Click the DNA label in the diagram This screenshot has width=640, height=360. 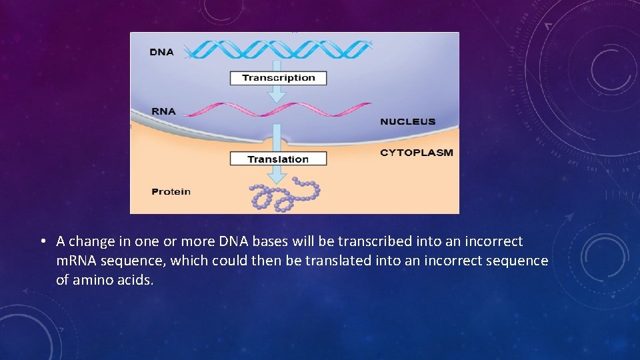pyautogui.click(x=162, y=51)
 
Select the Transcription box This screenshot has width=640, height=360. pyautogui.click(x=278, y=78)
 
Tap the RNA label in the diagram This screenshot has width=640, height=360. pyautogui.click(x=163, y=111)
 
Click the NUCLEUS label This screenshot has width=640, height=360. pyautogui.click(x=407, y=122)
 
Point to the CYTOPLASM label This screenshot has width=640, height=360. pyautogui.click(x=416, y=153)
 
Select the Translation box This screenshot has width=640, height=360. pyautogui.click(x=278, y=159)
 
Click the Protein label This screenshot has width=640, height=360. pyautogui.click(x=171, y=192)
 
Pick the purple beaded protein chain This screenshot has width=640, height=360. pyautogui.click(x=283, y=195)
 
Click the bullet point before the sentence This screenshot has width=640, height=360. pyautogui.click(x=42, y=241)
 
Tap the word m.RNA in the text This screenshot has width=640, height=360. pyautogui.click(x=77, y=261)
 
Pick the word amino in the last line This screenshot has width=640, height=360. pyautogui.click(x=93, y=280)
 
